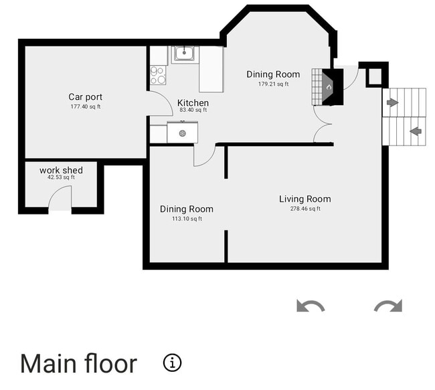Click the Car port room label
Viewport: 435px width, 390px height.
click(85, 97)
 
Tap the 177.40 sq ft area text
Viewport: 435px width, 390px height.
click(85, 107)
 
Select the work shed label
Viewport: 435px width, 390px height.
click(61, 170)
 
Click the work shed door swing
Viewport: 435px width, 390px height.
click(60, 198)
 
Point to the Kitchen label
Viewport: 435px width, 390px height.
click(193, 103)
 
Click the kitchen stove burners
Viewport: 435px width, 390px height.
click(157, 75)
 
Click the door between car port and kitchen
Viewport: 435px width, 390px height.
click(159, 104)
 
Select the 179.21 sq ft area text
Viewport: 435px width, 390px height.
click(273, 84)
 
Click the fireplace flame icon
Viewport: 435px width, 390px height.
click(328, 86)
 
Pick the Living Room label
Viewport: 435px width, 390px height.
click(304, 199)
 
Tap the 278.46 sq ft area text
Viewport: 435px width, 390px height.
click(304, 209)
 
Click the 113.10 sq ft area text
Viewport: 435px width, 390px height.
click(186, 219)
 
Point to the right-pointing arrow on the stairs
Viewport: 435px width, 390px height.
click(393, 103)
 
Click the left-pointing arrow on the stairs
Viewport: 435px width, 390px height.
click(416, 131)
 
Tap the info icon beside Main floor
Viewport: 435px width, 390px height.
click(172, 363)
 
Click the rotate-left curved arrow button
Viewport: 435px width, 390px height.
click(311, 306)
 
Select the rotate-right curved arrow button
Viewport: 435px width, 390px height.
click(388, 306)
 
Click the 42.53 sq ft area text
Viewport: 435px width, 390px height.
click(61, 178)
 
